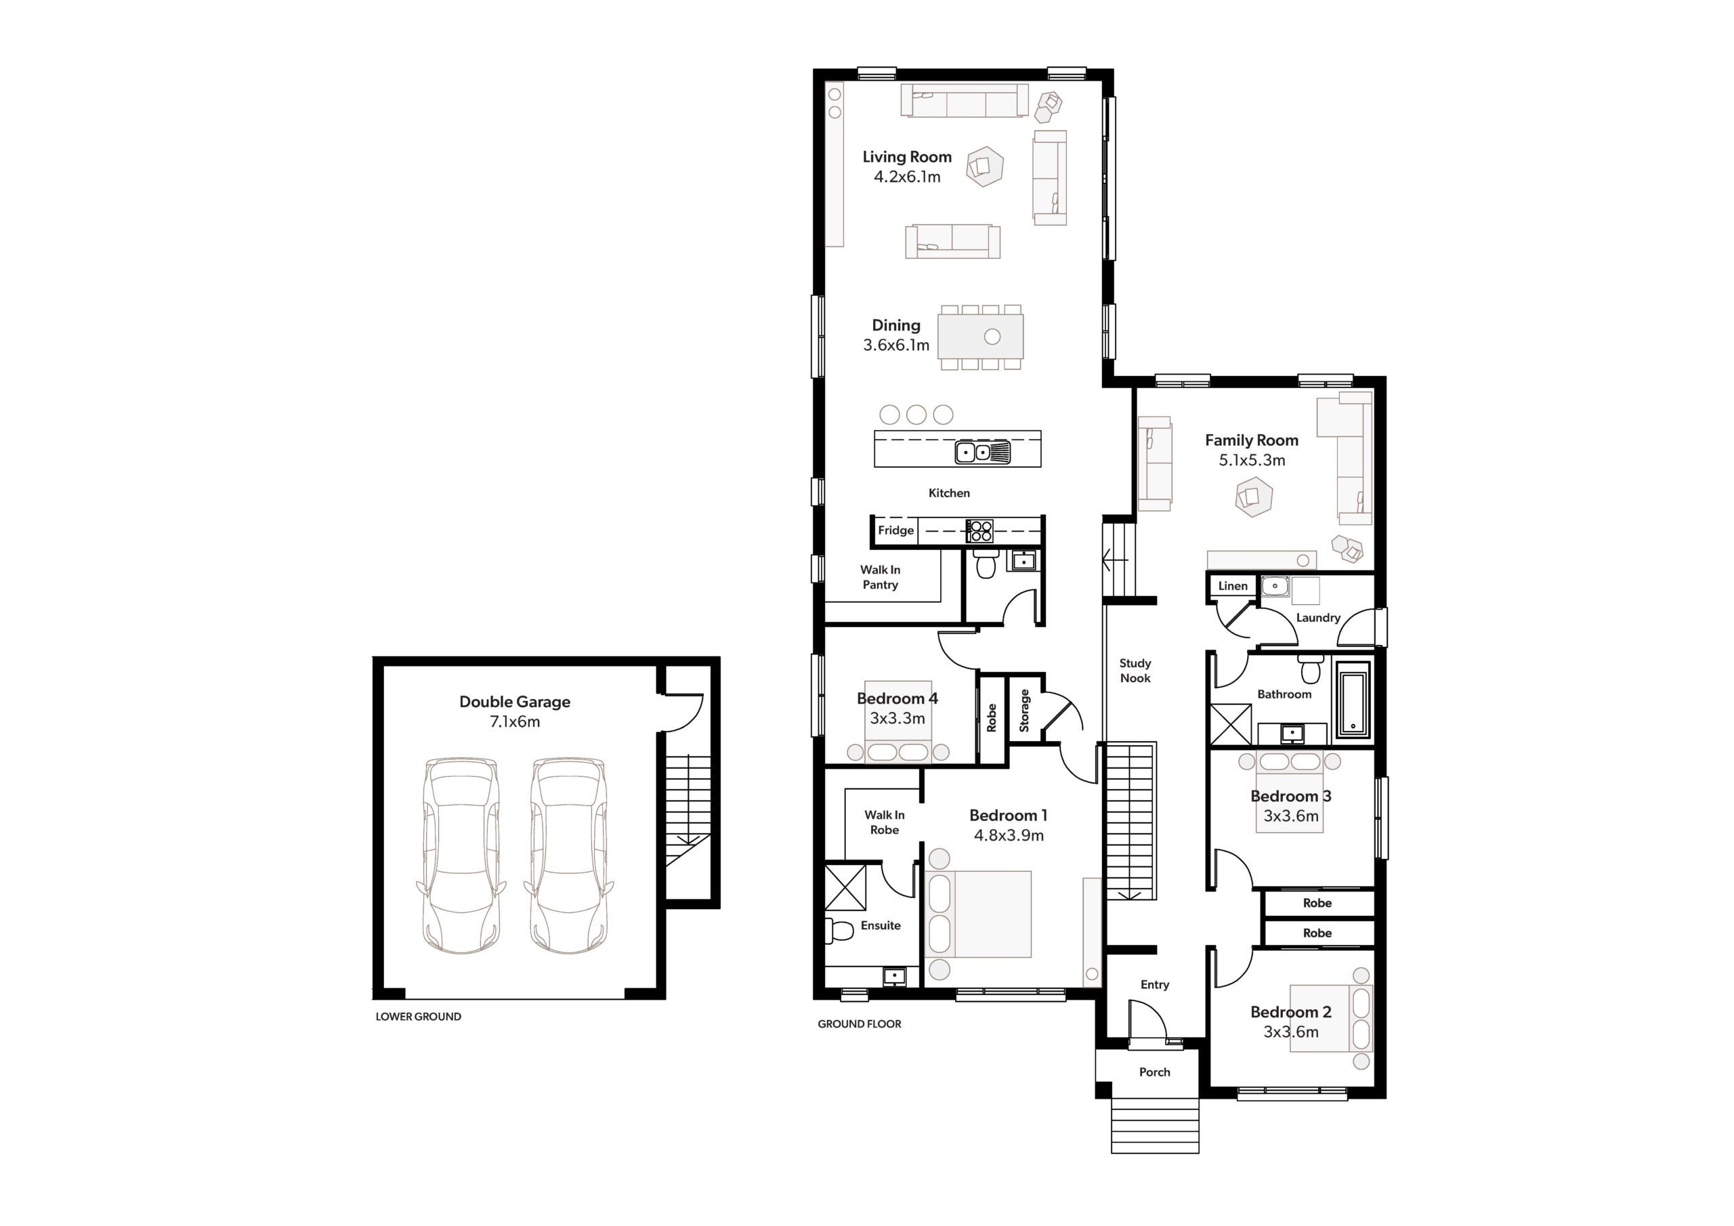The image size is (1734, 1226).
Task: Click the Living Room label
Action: click(x=907, y=157)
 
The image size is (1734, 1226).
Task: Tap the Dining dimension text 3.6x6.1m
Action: click(x=896, y=345)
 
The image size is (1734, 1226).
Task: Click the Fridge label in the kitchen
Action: click(x=895, y=530)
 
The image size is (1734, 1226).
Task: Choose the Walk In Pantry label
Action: click(x=881, y=577)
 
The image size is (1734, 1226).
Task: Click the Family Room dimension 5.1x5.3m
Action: click(x=1252, y=460)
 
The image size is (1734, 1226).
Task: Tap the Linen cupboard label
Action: click(x=1233, y=585)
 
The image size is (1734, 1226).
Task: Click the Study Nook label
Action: click(x=1135, y=671)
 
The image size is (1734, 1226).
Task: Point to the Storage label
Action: click(x=1024, y=711)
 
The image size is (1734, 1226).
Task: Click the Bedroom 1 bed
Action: click(x=978, y=914)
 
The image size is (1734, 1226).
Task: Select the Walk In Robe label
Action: click(x=885, y=822)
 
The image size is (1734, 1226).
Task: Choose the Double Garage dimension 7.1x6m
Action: click(x=515, y=721)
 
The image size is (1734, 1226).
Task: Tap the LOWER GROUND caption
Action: click(x=419, y=1017)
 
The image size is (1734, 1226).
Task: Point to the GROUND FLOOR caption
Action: click(x=860, y=1024)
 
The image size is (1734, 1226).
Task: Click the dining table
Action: click(x=981, y=337)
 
